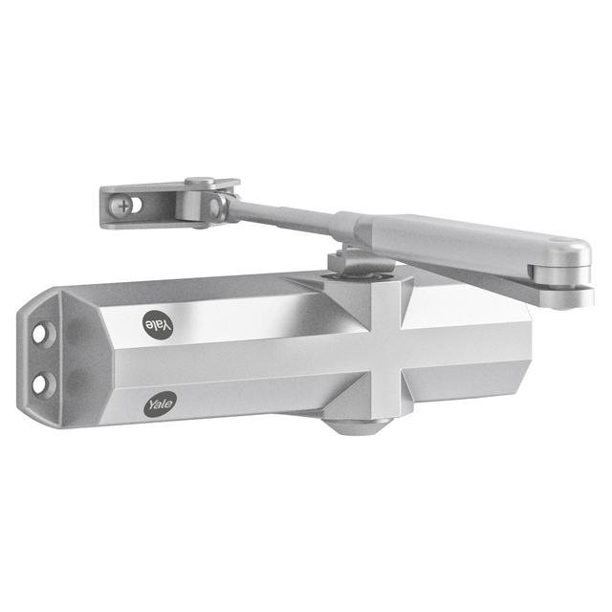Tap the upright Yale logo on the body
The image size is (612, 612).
pos(160,404)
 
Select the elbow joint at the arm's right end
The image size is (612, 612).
pos(568,269)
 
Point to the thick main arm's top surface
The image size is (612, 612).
pos(459,234)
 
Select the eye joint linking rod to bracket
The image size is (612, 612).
pos(218,205)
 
